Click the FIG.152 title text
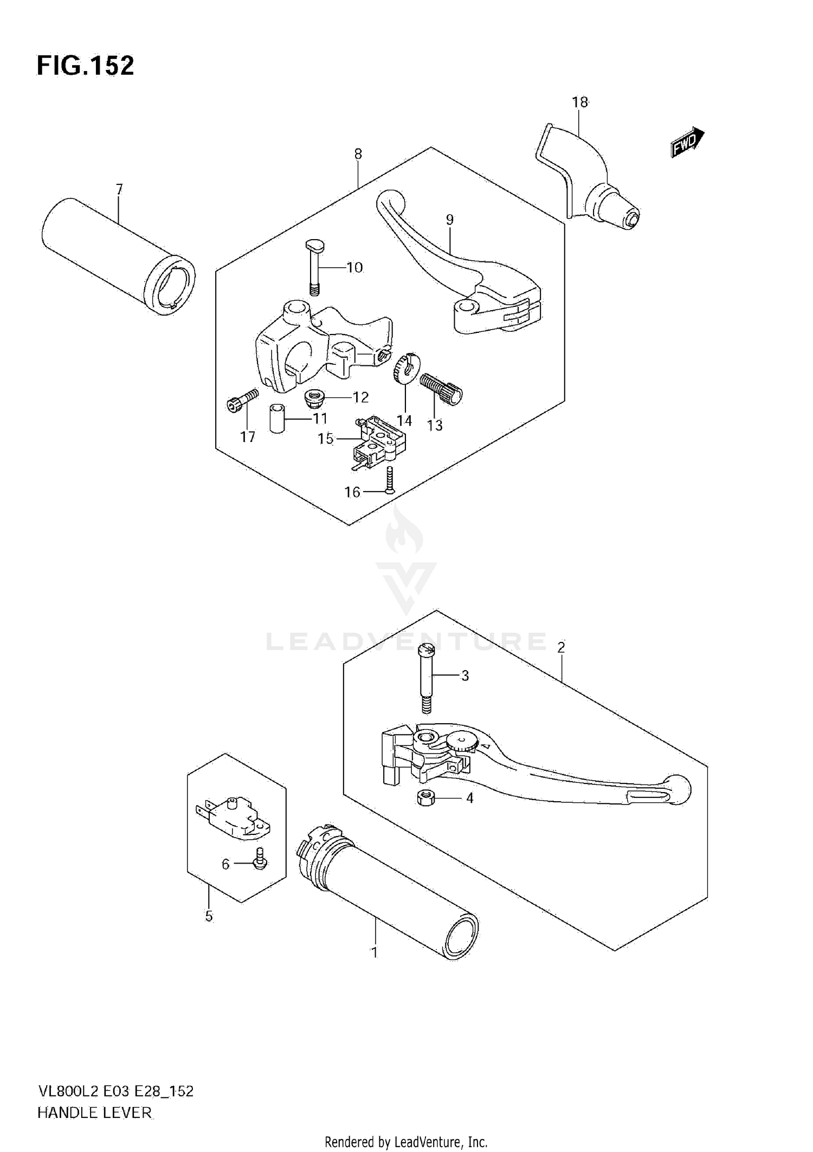pos(85,66)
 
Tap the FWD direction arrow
pos(687,143)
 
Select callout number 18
pos(579,102)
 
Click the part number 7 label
pos(119,189)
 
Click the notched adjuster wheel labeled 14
pos(404,368)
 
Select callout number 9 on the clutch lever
pos(449,220)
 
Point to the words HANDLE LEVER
pos(95,1112)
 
